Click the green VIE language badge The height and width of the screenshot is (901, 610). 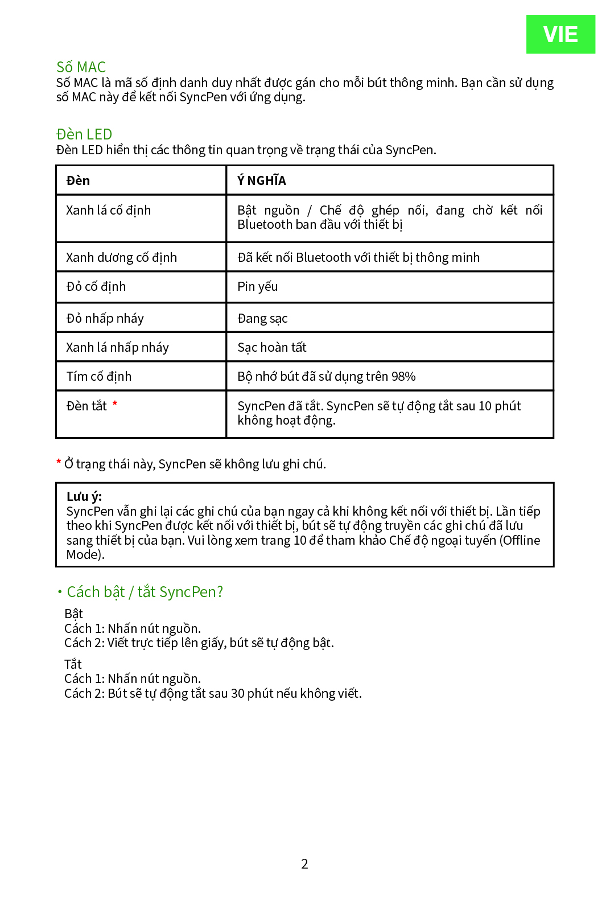pos(560,34)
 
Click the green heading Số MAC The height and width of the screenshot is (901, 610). pos(81,67)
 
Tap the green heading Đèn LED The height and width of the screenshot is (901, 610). pos(84,134)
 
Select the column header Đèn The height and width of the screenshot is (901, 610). pos(78,181)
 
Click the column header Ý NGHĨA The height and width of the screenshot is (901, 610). pos(262,181)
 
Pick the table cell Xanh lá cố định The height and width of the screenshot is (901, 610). pos(108,211)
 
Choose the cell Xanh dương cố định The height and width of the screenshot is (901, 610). pos(121,258)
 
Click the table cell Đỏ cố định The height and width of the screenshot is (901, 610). pos(96,287)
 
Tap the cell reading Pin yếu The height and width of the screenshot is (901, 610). pos(258,287)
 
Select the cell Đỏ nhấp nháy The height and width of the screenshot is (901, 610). pos(105,319)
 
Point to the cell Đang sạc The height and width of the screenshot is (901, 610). pos(262,319)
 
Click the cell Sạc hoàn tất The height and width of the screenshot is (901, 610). pos(271,348)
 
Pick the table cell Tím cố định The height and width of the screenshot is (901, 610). pos(98,377)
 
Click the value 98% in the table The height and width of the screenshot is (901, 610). pos(403,377)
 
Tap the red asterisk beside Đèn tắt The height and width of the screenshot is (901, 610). pos(115,404)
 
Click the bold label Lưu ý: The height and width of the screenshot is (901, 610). pos(84,496)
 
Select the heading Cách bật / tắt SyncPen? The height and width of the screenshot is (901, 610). pos(145,592)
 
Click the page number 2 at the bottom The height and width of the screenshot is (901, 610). pos(304,864)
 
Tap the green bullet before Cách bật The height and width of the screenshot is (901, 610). pos(59,592)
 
